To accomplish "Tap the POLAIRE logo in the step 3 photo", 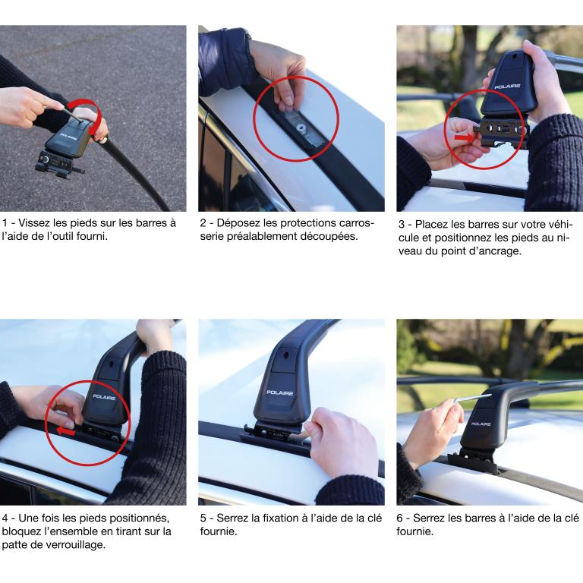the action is click(x=507, y=87).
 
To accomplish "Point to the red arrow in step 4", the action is click(x=66, y=431).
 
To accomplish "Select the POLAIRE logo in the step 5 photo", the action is click(x=280, y=392).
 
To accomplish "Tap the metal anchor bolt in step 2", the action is click(x=300, y=128).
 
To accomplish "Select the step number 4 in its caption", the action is click(x=5, y=518).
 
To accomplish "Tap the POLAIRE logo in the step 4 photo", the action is click(x=104, y=397).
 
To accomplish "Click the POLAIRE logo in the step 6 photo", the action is click(x=481, y=424).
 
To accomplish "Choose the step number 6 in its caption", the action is click(x=400, y=518).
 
